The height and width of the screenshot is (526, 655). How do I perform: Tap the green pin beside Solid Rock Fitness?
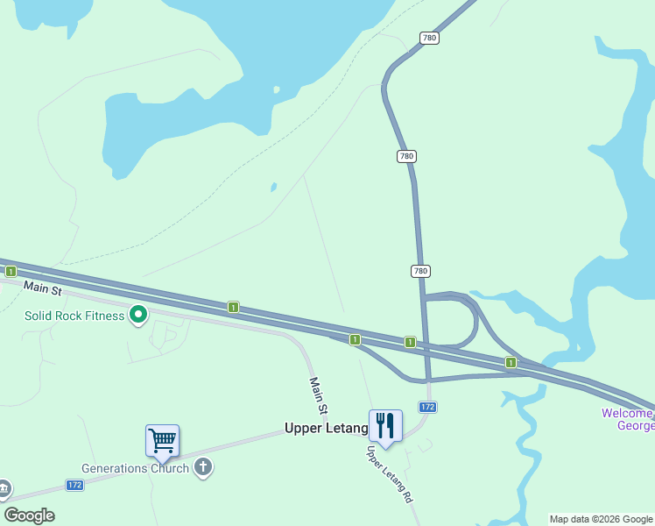[137, 314]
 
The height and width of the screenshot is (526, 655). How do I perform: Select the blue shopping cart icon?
[162, 440]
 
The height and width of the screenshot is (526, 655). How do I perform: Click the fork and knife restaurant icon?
[385, 426]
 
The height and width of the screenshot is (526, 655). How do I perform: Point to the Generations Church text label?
[135, 468]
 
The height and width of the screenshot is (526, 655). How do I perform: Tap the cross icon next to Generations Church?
[203, 466]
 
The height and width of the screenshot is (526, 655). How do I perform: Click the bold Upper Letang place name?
[326, 429]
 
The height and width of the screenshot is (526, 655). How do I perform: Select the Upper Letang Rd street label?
[389, 474]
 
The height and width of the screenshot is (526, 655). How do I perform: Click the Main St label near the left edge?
[42, 288]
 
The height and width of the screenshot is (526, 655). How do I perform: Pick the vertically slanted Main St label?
[319, 395]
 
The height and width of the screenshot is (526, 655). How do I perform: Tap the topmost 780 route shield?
[429, 39]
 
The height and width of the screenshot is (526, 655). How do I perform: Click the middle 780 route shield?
[405, 156]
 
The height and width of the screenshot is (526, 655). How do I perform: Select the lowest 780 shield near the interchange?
[420, 271]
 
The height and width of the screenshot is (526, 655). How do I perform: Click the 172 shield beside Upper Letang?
[427, 408]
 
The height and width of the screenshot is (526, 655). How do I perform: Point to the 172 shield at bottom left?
[75, 485]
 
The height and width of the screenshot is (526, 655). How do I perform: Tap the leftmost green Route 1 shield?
[10, 272]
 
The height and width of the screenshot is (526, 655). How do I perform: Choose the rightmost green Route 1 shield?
[510, 362]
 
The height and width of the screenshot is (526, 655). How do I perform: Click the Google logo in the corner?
[30, 515]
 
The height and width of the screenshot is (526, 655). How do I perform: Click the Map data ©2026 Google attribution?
[601, 519]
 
